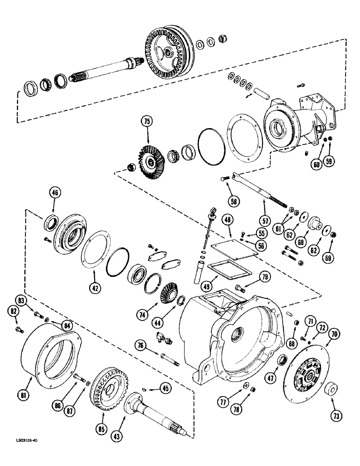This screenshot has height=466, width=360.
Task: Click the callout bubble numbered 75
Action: (x=147, y=122)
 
